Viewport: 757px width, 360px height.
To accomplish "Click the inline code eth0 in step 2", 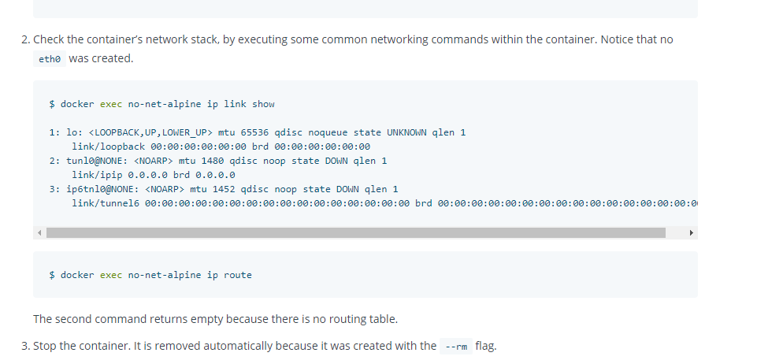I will (x=49, y=60).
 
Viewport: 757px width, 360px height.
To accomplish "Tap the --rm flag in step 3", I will (x=456, y=347).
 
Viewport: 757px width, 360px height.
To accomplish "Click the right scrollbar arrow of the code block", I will (x=692, y=232).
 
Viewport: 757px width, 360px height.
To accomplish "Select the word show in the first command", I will (x=263, y=104).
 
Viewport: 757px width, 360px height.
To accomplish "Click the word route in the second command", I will (x=238, y=275).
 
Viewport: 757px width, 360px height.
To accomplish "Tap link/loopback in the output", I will (x=108, y=147).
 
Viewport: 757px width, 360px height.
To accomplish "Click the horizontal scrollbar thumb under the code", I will (x=355, y=232).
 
